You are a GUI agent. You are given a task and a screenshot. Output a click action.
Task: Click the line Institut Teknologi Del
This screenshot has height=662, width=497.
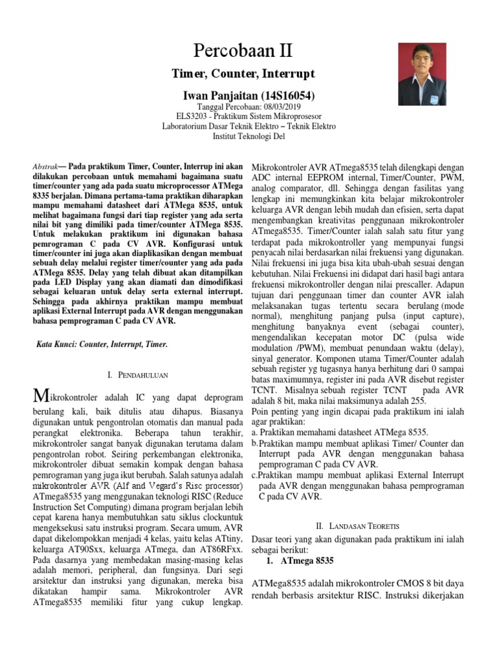248,136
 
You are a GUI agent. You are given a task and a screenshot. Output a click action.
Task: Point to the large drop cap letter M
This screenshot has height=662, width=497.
40,395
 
